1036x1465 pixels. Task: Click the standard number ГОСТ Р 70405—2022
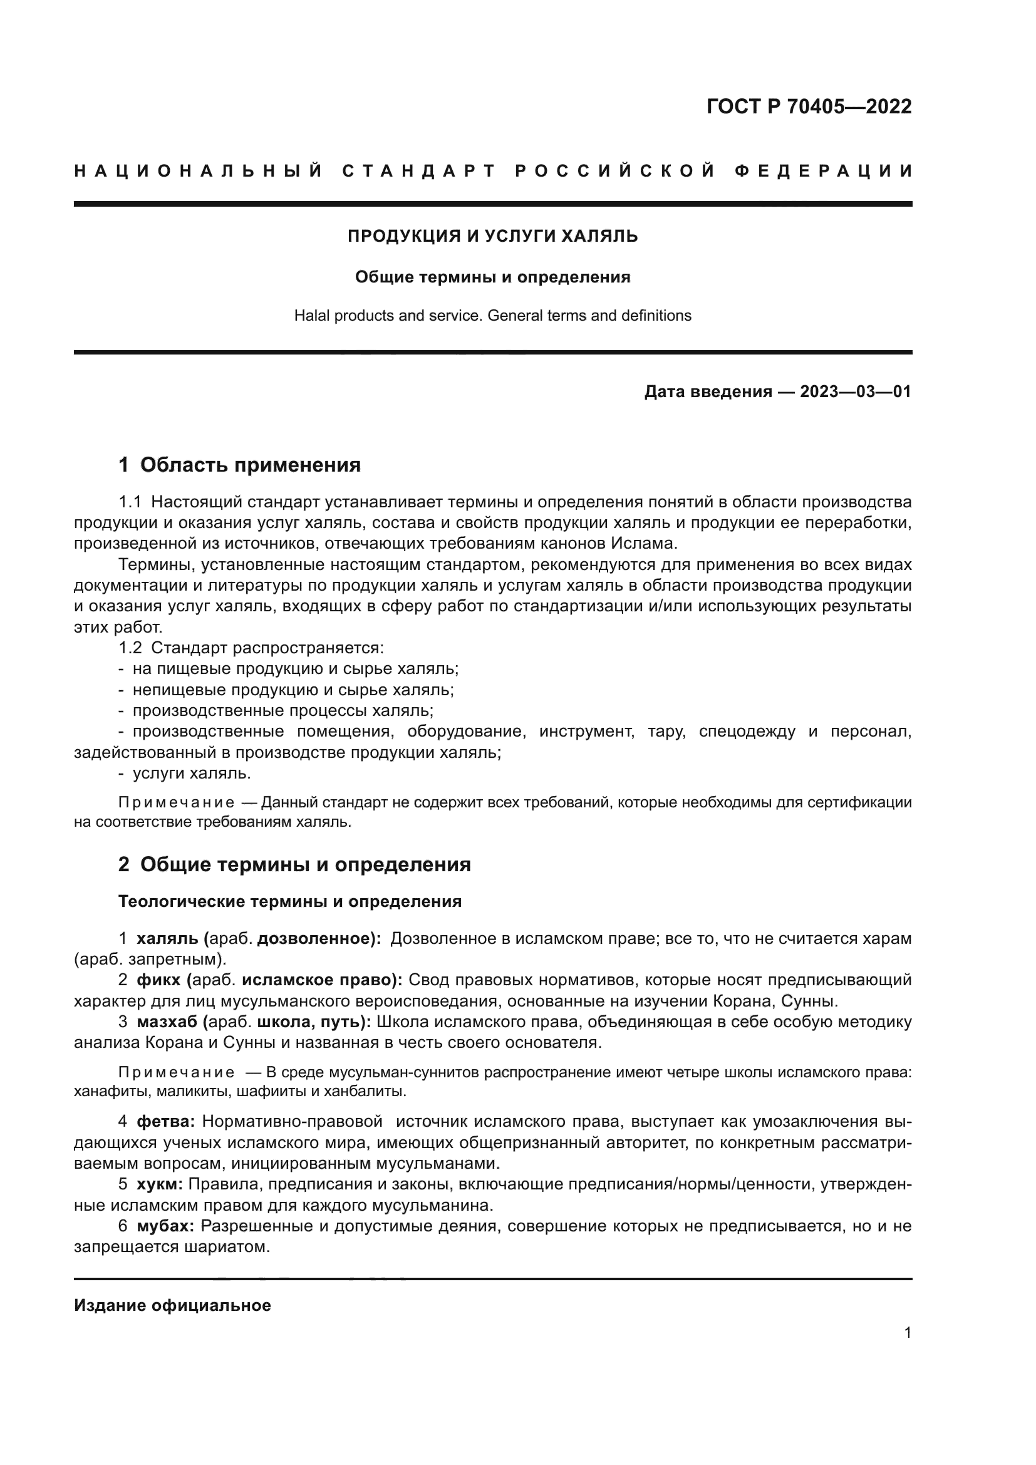coord(808,106)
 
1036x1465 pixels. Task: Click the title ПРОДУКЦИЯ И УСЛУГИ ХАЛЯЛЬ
coord(492,236)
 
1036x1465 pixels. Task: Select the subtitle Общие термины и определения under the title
coord(492,277)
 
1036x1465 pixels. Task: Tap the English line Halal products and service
coord(492,315)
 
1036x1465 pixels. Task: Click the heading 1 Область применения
coord(239,465)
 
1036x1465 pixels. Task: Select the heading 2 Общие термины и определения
coord(294,864)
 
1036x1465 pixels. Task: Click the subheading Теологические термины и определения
coord(289,901)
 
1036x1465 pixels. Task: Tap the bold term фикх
coord(158,980)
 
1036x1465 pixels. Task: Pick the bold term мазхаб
coord(167,1022)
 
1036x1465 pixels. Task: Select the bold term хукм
coord(160,1184)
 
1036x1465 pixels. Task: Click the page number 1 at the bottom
coord(907,1332)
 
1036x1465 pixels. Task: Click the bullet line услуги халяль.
coord(192,774)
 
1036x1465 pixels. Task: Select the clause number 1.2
coord(130,648)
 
